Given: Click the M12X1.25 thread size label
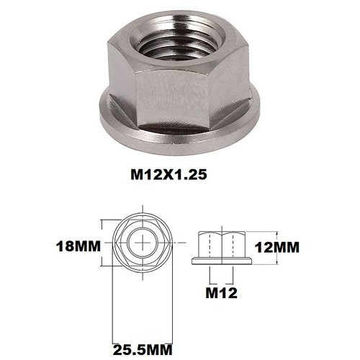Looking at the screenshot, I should click(177, 174).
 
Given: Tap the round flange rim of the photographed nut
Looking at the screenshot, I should click(180, 133).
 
